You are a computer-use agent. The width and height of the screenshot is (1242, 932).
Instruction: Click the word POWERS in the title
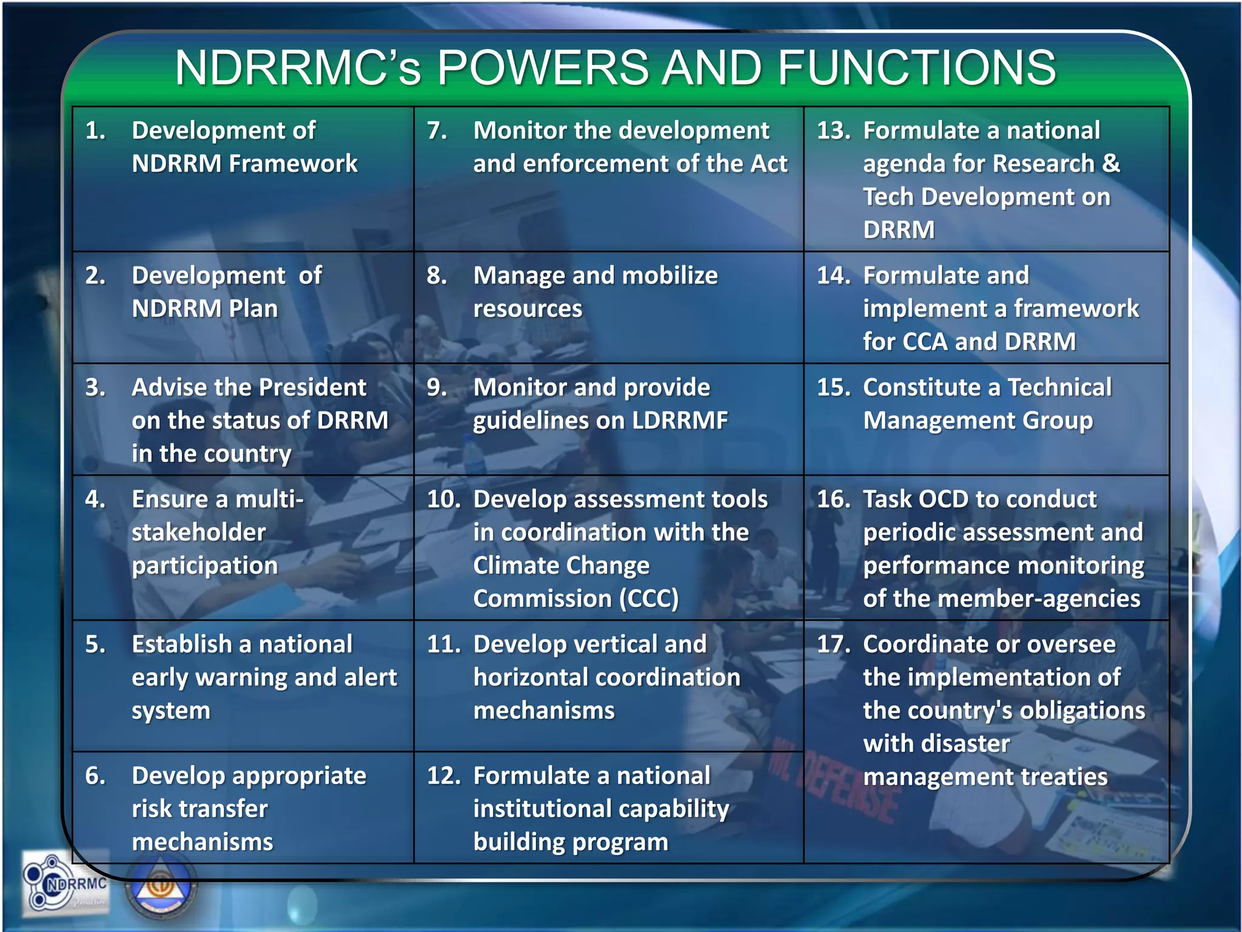(543, 67)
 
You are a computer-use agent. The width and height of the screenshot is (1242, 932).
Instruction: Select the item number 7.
(437, 130)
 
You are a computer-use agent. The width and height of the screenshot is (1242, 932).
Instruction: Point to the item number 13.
(833, 130)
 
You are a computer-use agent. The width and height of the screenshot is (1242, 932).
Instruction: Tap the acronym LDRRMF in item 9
(671, 420)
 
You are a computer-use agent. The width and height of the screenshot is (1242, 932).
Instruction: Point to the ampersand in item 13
(1111, 163)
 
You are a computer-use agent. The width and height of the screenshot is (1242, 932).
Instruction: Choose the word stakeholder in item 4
(199, 532)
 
